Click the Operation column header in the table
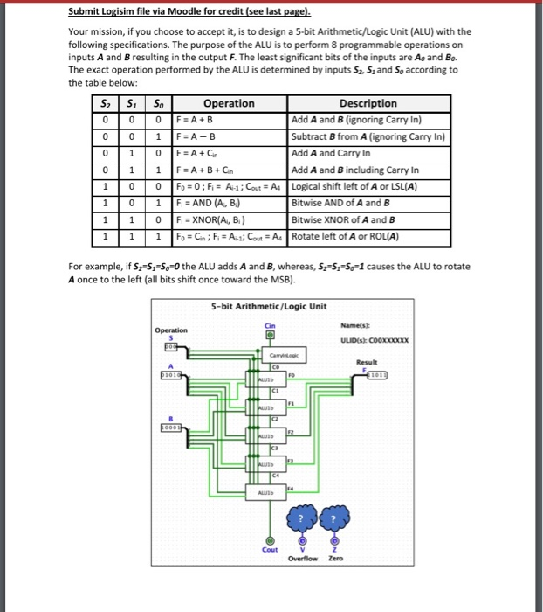229,103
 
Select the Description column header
368,103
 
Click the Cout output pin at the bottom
271,541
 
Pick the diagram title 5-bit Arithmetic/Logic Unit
269,307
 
